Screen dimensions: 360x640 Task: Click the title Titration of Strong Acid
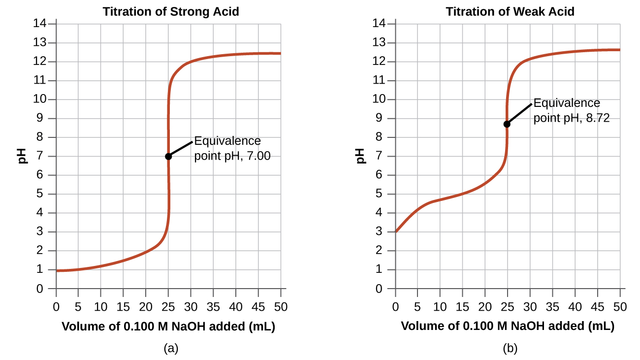pyautogui.click(x=171, y=11)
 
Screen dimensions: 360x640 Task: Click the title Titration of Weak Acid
pyautogui.click(x=510, y=11)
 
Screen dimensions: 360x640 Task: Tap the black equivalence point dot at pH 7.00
pyautogui.click(x=168, y=156)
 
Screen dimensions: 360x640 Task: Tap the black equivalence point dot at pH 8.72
pyautogui.click(x=507, y=124)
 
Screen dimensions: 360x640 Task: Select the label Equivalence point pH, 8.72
pyautogui.click(x=571, y=111)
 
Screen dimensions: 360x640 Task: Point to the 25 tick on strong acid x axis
pyautogui.click(x=168, y=307)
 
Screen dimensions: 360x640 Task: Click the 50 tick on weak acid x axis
pyautogui.click(x=620, y=307)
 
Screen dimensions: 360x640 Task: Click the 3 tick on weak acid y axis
pyautogui.click(x=379, y=231)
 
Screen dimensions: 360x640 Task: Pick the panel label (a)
pyautogui.click(x=171, y=349)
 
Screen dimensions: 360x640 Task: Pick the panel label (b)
pyautogui.click(x=510, y=349)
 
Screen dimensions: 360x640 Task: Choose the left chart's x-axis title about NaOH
pyautogui.click(x=168, y=326)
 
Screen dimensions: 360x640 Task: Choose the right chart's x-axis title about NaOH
pyautogui.click(x=508, y=326)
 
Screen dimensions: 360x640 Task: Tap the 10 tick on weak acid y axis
pyautogui.click(x=378, y=99)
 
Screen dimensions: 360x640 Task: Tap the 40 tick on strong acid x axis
pyautogui.click(x=236, y=307)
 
